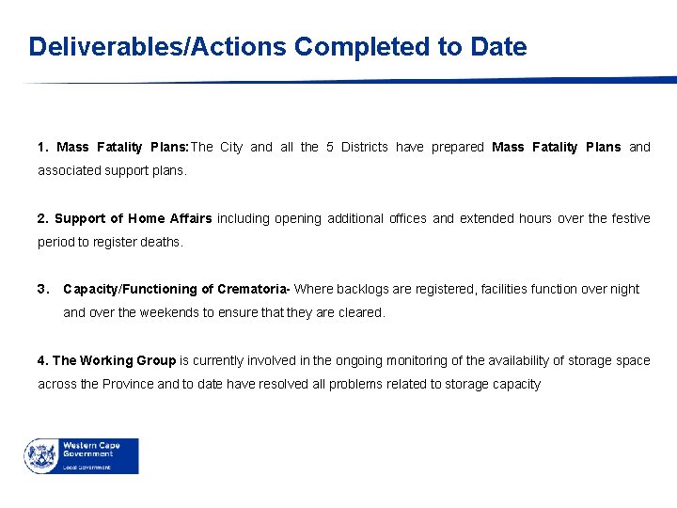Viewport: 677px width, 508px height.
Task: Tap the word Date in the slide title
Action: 496,47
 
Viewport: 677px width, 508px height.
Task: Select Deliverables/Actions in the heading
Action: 158,47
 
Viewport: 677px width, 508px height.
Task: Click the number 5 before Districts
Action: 329,147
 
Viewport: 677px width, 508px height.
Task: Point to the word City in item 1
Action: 230,147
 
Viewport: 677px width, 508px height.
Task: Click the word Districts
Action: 364,147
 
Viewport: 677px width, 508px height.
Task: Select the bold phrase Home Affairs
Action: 169,218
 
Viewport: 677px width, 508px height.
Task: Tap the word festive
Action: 629,218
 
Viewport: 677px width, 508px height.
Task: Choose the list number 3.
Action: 42,289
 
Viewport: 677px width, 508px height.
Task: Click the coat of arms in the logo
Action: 41,455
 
